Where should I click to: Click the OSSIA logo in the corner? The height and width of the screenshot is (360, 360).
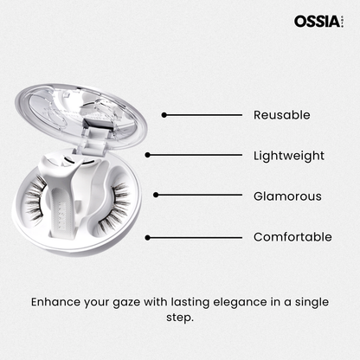click(x=318, y=22)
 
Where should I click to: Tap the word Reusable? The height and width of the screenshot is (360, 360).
click(x=282, y=115)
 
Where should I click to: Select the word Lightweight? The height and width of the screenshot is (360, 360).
click(x=289, y=156)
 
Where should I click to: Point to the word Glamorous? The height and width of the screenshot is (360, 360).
click(x=287, y=196)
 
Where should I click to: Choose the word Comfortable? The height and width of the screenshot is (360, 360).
click(x=292, y=237)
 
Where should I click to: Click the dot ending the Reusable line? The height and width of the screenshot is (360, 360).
click(x=164, y=115)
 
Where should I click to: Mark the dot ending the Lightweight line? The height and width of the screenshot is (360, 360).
click(x=148, y=155)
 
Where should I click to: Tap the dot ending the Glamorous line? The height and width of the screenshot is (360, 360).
click(x=156, y=196)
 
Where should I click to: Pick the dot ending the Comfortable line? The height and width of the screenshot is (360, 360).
click(x=148, y=238)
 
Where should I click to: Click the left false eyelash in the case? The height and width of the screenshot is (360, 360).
click(x=36, y=199)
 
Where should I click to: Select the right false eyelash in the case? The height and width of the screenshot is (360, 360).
click(x=114, y=209)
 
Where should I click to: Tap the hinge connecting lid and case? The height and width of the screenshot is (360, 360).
click(x=93, y=137)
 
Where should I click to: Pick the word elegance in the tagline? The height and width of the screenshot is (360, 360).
click(x=240, y=303)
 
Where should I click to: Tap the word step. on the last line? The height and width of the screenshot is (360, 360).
click(x=180, y=318)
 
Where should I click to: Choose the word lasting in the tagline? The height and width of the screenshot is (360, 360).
click(x=190, y=302)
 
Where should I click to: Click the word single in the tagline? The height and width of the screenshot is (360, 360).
click(x=312, y=302)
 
